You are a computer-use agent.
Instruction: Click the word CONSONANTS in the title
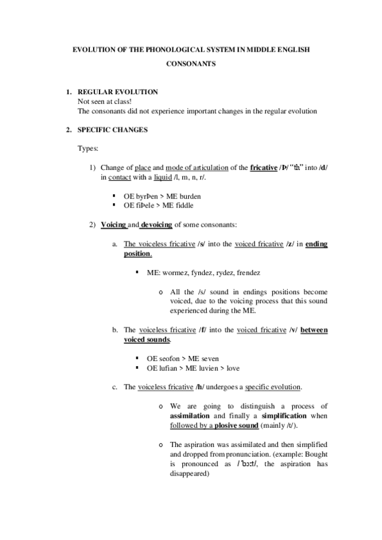coord(191,64)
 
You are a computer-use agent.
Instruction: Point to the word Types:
coord(87,148)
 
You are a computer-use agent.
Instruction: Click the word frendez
coord(248,272)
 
